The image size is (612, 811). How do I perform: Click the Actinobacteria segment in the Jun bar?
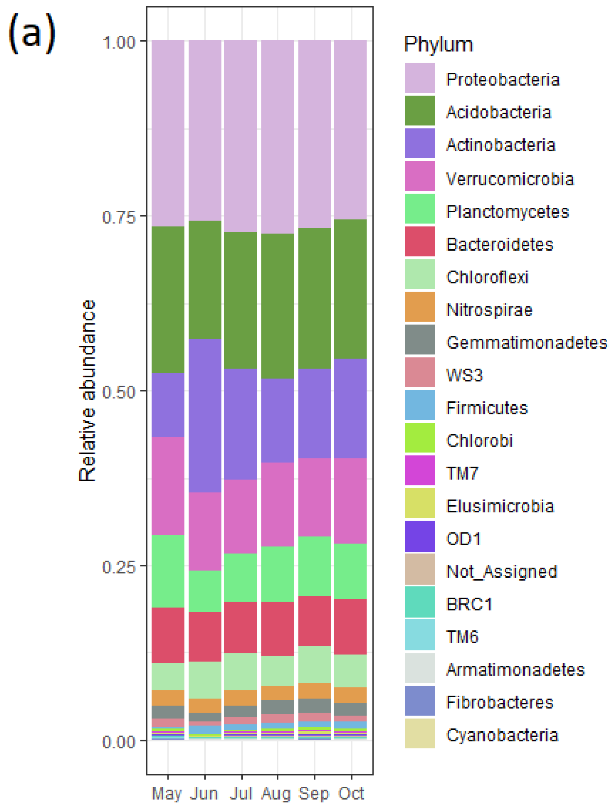pos(205,415)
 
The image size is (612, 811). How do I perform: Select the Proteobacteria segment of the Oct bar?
pos(350,129)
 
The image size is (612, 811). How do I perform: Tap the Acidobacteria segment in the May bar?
pos(168,299)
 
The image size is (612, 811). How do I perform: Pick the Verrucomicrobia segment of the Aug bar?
pos(277,504)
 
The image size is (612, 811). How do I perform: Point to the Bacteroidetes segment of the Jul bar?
pos(241,627)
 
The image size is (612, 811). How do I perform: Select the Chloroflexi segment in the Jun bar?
pos(205,680)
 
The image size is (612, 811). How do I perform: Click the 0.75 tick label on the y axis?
pos(119,217)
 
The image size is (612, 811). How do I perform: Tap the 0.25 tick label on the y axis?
pos(119,567)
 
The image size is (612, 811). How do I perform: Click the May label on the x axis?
pos(166,793)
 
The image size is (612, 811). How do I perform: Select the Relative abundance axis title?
pos(87,391)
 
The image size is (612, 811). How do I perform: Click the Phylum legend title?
pos(438,45)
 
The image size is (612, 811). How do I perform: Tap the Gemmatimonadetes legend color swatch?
pos(420,339)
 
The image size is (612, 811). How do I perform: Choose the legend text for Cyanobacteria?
pos(502,735)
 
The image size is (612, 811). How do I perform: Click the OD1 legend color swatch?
pos(420,536)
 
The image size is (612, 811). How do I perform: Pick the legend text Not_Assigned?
pos(501,571)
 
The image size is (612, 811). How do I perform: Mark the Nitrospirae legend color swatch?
pos(420,307)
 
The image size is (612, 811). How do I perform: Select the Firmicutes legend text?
pos(487,408)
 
